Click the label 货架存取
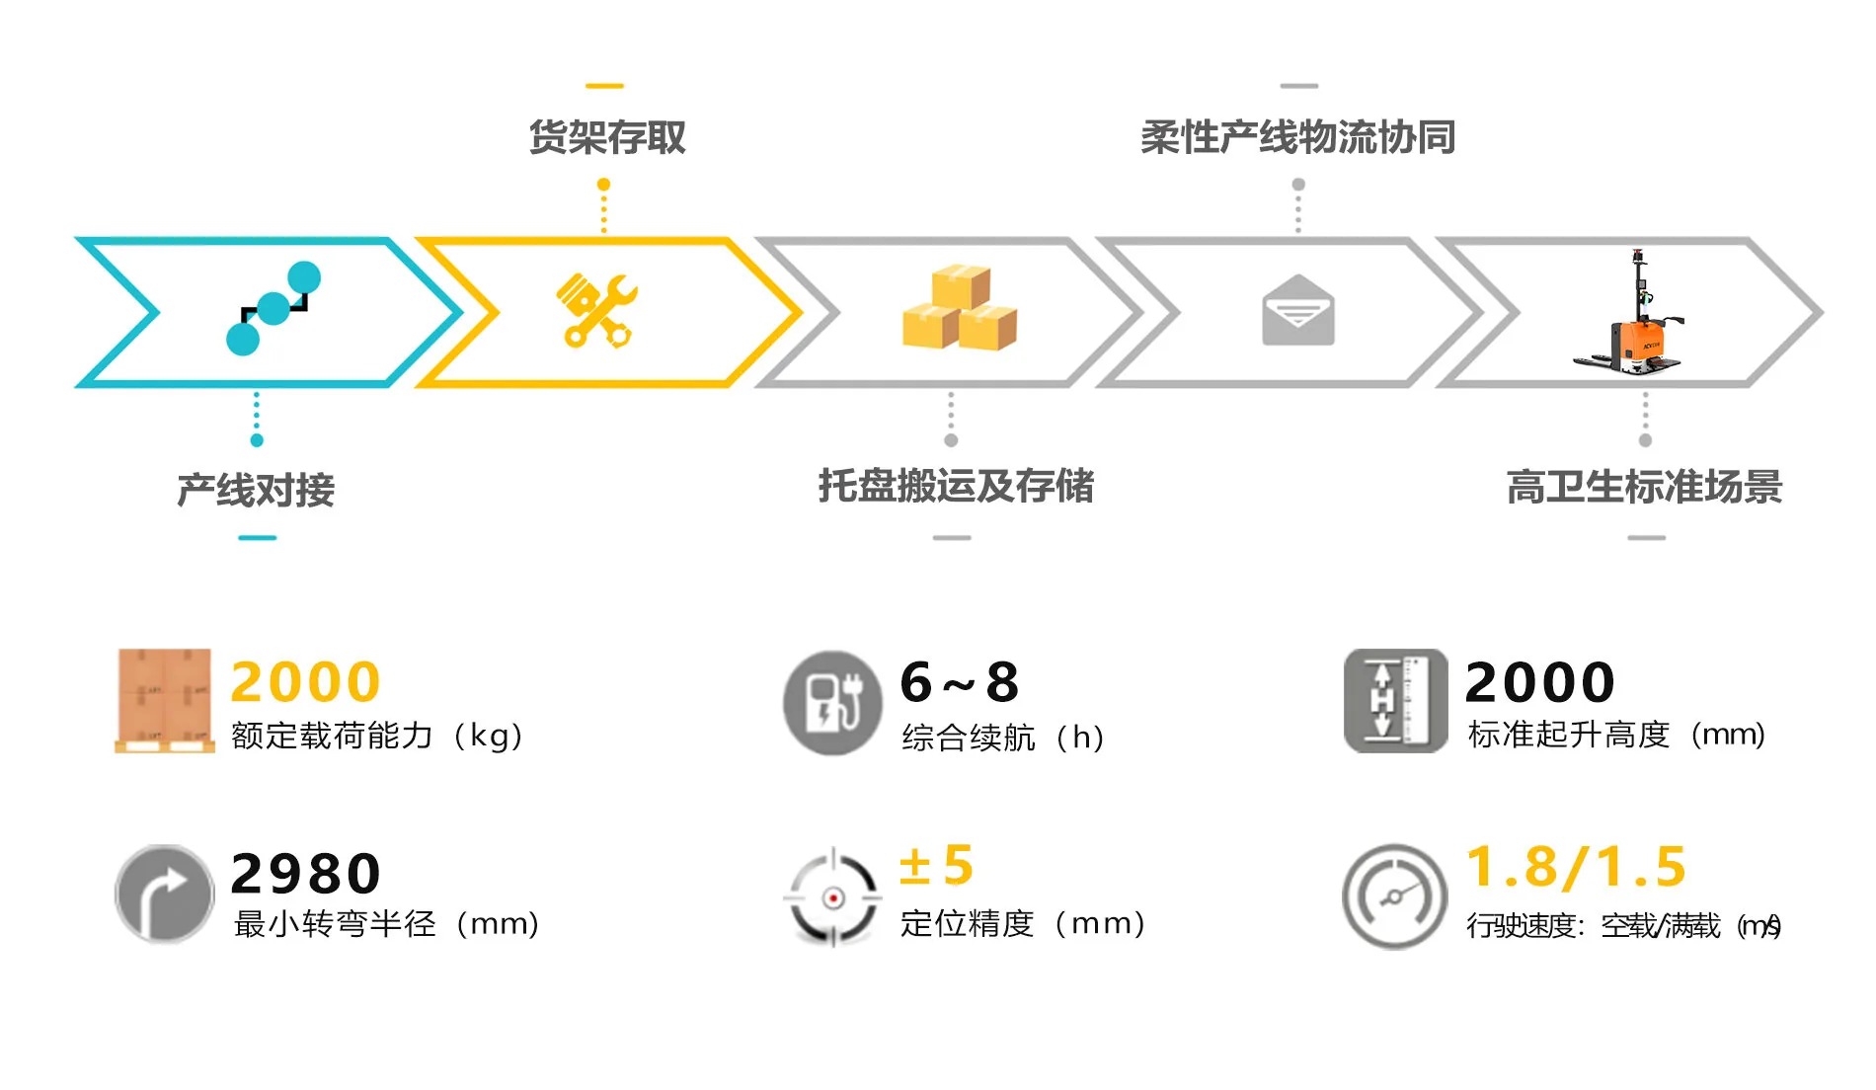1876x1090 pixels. [606, 137]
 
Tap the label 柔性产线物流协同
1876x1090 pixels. [1297, 137]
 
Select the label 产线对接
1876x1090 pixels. [256, 490]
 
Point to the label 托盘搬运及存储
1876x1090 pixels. [955, 486]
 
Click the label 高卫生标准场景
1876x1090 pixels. [1644, 487]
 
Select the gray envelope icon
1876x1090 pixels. [1297, 311]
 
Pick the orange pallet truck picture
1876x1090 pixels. [1630, 314]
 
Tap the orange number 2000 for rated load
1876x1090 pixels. [305, 681]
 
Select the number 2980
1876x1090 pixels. [305, 873]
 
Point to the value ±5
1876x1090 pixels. [936, 866]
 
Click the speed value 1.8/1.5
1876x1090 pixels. [1576, 867]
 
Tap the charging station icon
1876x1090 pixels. [832, 702]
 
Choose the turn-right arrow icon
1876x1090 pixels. [164, 894]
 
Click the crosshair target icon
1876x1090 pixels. [832, 897]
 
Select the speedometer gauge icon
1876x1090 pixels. [1393, 896]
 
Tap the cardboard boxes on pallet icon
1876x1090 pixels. [164, 700]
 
